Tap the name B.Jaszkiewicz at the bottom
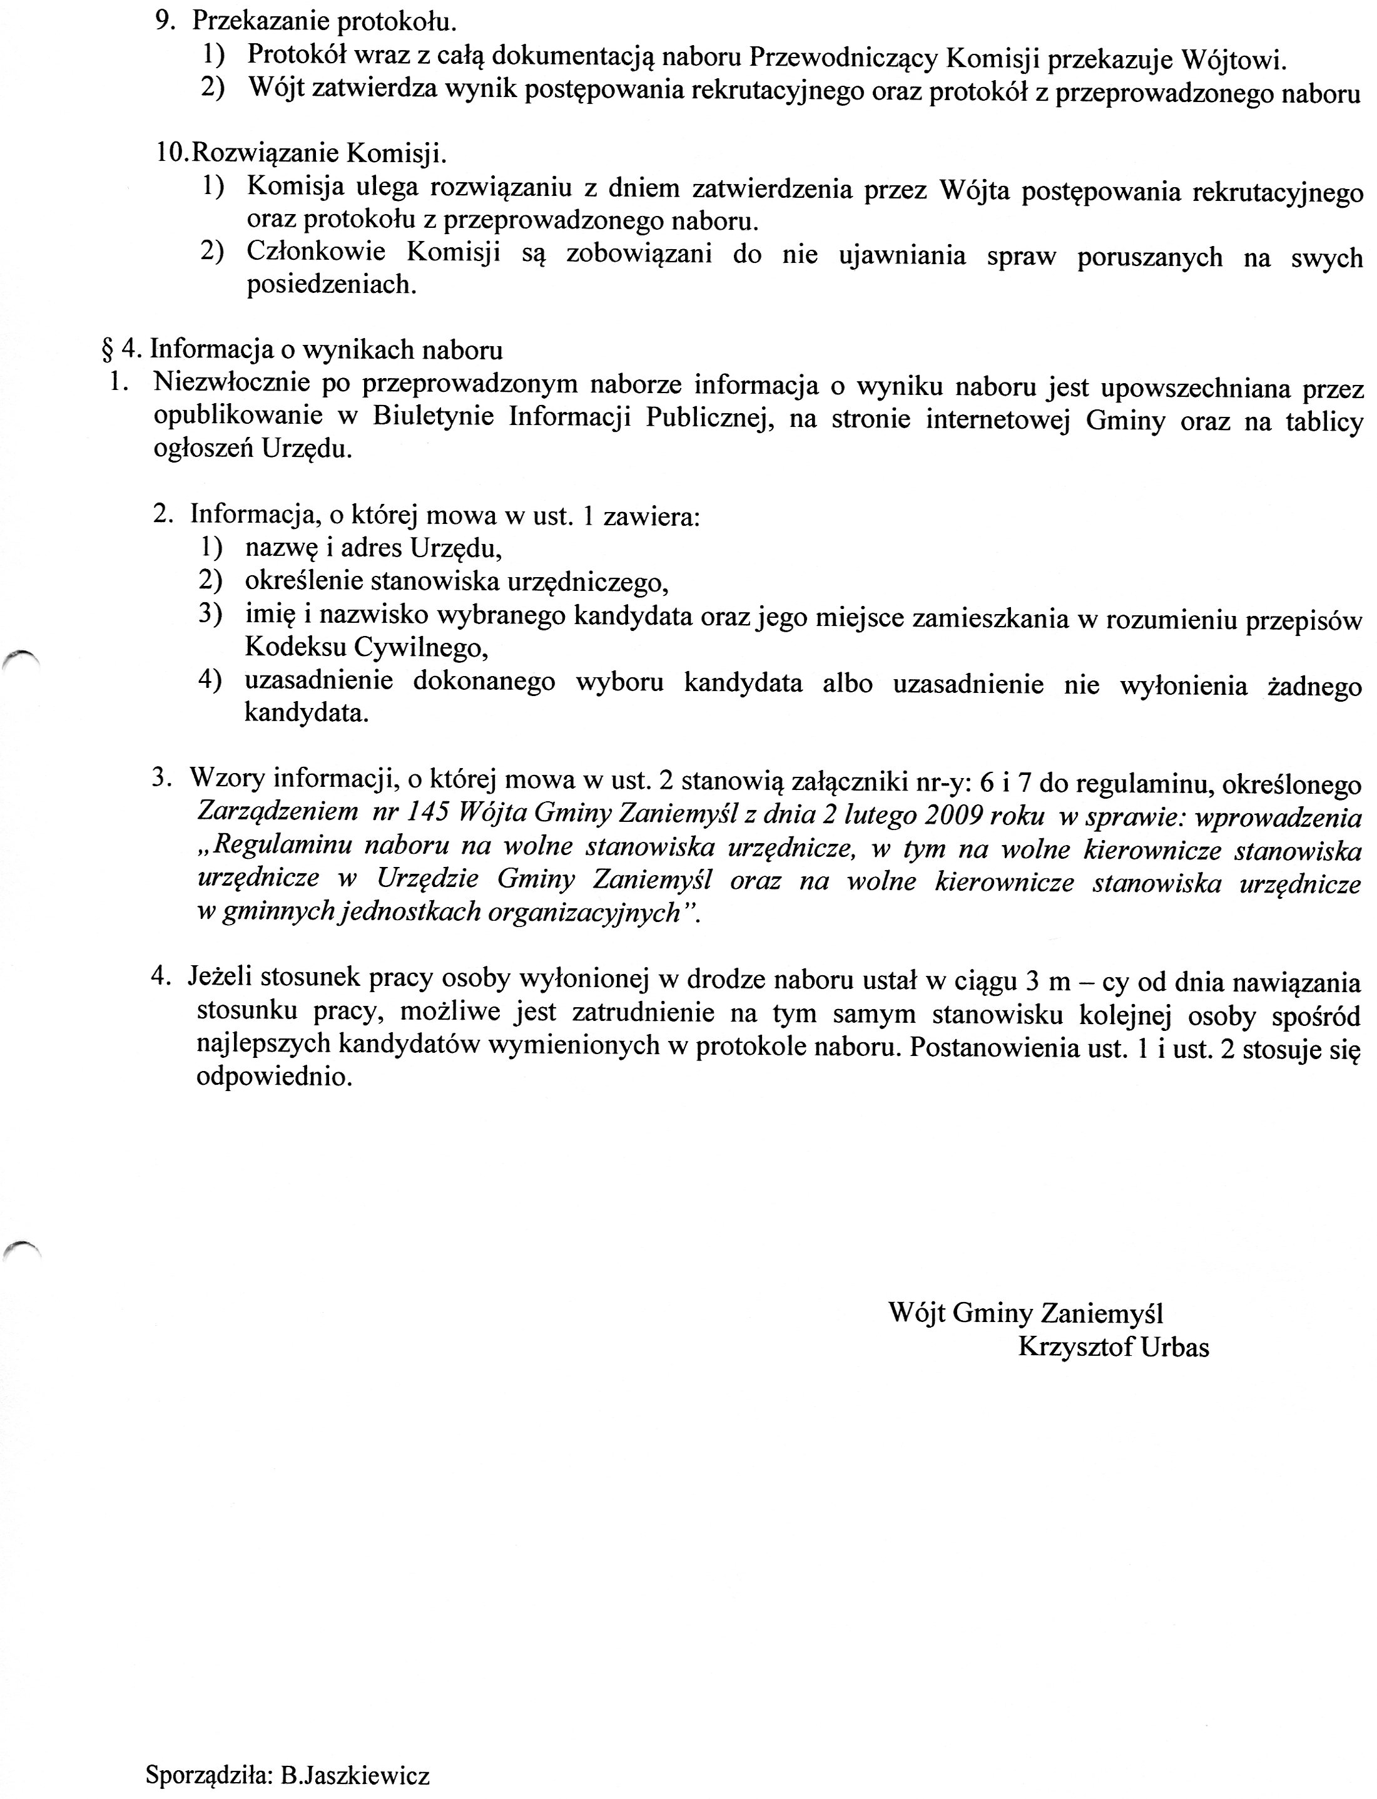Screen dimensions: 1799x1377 (354, 1770)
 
